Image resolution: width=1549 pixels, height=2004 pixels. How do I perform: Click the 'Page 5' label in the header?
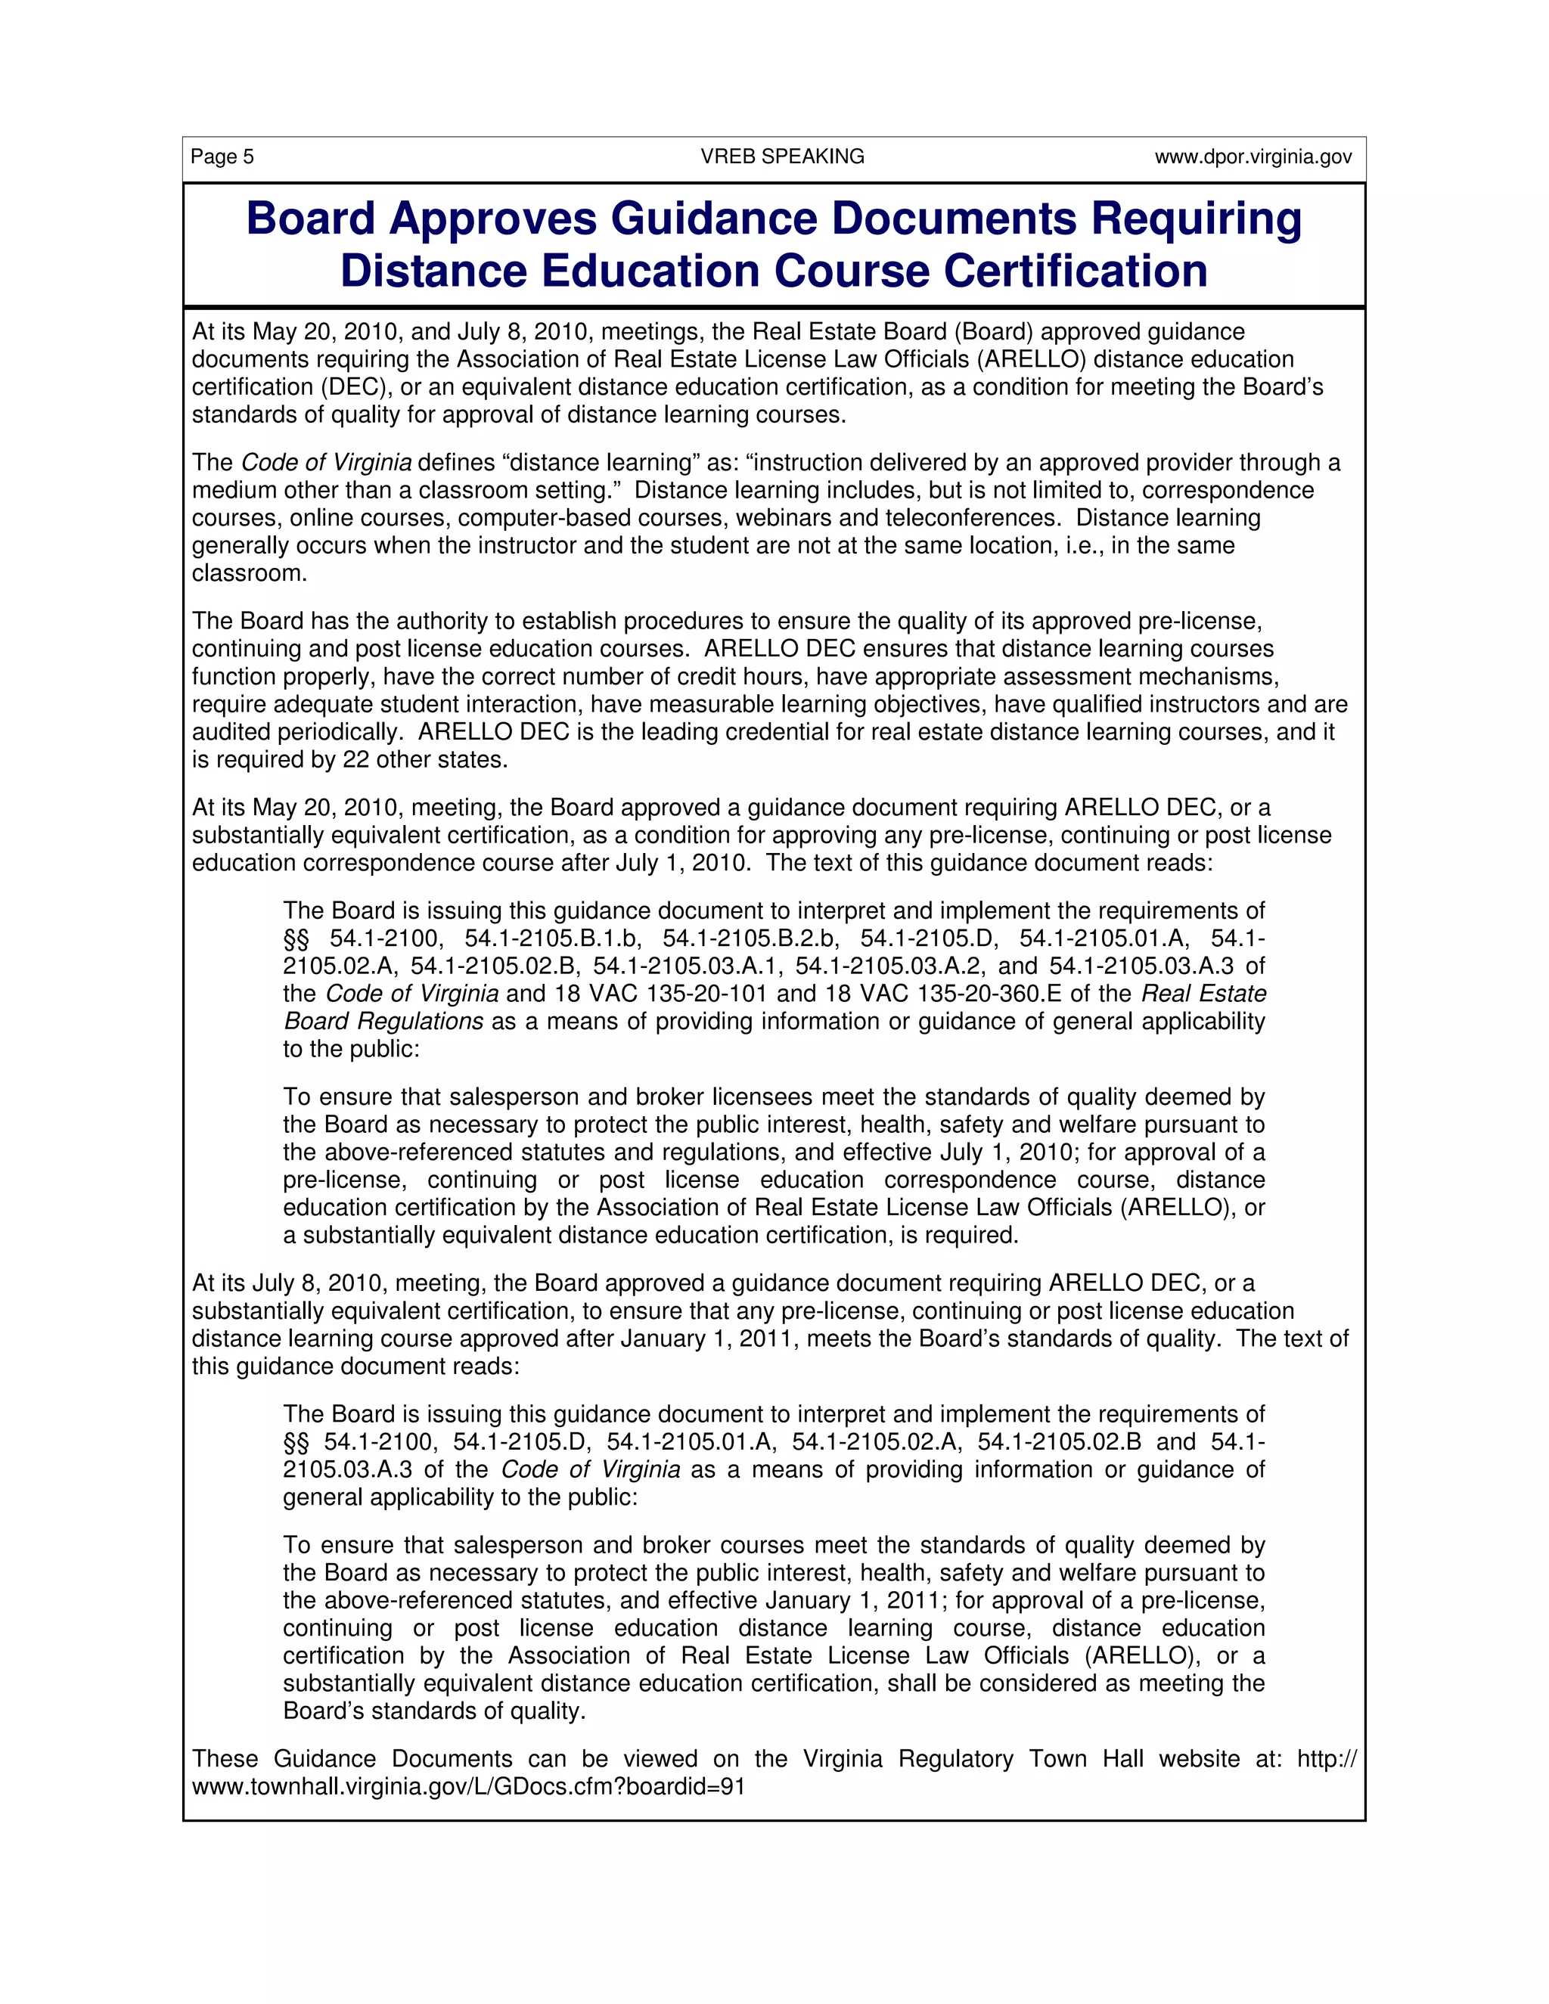point(222,157)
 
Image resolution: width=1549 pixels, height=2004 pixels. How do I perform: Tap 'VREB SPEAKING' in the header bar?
point(782,157)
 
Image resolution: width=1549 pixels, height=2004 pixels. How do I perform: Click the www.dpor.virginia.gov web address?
point(1253,157)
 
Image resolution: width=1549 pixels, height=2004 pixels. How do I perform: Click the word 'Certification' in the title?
point(1076,271)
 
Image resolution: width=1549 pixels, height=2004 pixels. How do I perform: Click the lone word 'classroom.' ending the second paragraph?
point(250,575)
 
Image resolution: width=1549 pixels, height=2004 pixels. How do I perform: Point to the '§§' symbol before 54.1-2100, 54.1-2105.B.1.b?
point(296,938)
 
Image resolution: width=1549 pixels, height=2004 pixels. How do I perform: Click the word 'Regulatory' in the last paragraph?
point(955,1759)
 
